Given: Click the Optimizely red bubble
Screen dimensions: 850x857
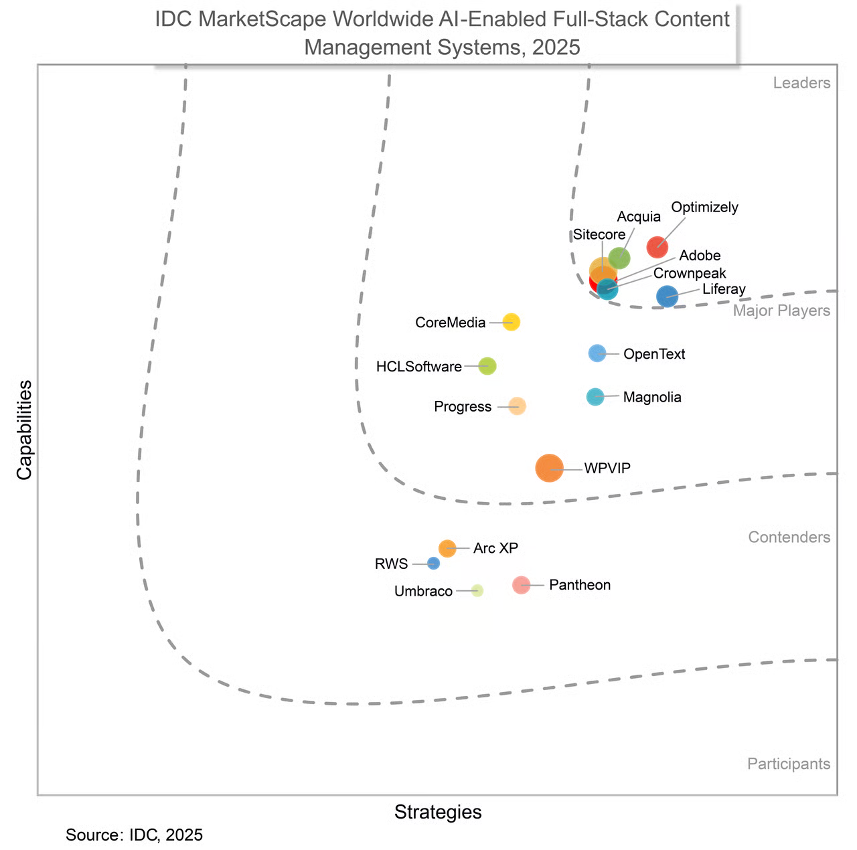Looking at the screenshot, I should (657, 247).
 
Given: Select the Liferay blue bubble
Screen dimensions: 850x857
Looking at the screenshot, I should (667, 296).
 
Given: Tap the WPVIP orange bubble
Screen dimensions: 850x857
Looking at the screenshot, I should (550, 468).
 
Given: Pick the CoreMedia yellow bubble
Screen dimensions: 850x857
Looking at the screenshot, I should (512, 322).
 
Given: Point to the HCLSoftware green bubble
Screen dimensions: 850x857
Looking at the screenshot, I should (488, 366).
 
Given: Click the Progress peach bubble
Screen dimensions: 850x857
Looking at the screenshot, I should (517, 406).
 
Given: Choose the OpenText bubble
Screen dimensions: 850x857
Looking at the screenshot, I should (597, 353).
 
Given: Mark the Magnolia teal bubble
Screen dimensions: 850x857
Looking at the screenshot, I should (595, 397).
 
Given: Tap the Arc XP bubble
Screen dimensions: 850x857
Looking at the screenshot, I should (447, 548).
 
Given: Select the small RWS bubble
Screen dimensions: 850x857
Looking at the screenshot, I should (434, 564).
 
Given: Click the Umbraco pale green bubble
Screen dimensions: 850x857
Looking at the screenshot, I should (477, 590).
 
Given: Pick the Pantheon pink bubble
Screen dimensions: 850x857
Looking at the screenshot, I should (521, 585).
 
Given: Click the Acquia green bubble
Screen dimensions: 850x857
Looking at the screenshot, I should (619, 258).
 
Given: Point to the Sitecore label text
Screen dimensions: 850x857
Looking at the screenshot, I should (599, 235).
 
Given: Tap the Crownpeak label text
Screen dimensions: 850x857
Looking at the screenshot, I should (690, 273).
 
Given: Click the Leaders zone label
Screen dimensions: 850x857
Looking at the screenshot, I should (801, 83).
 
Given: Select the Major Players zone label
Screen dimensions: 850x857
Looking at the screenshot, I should (781, 311).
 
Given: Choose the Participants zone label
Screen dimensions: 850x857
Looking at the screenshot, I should (789, 764).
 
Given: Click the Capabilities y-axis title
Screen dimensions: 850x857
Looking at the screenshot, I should (25, 430).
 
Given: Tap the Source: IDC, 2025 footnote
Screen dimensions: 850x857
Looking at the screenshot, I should (134, 835).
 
